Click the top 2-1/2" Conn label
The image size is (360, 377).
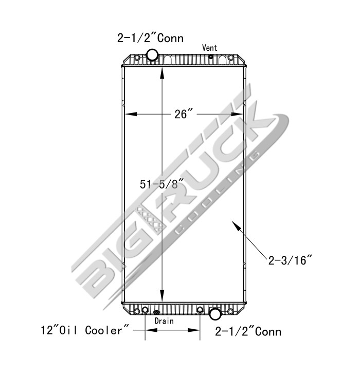[x=150, y=38]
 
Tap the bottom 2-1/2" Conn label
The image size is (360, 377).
[x=248, y=331]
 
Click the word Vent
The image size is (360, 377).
[x=209, y=48]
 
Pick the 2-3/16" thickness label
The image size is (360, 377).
[x=291, y=260]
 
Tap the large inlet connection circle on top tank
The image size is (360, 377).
[x=153, y=55]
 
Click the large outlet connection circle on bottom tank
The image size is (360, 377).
[x=215, y=313]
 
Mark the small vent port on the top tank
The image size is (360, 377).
[x=211, y=57]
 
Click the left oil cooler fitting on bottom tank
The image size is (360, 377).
[x=145, y=310]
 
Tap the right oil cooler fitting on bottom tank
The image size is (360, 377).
[x=200, y=310]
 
